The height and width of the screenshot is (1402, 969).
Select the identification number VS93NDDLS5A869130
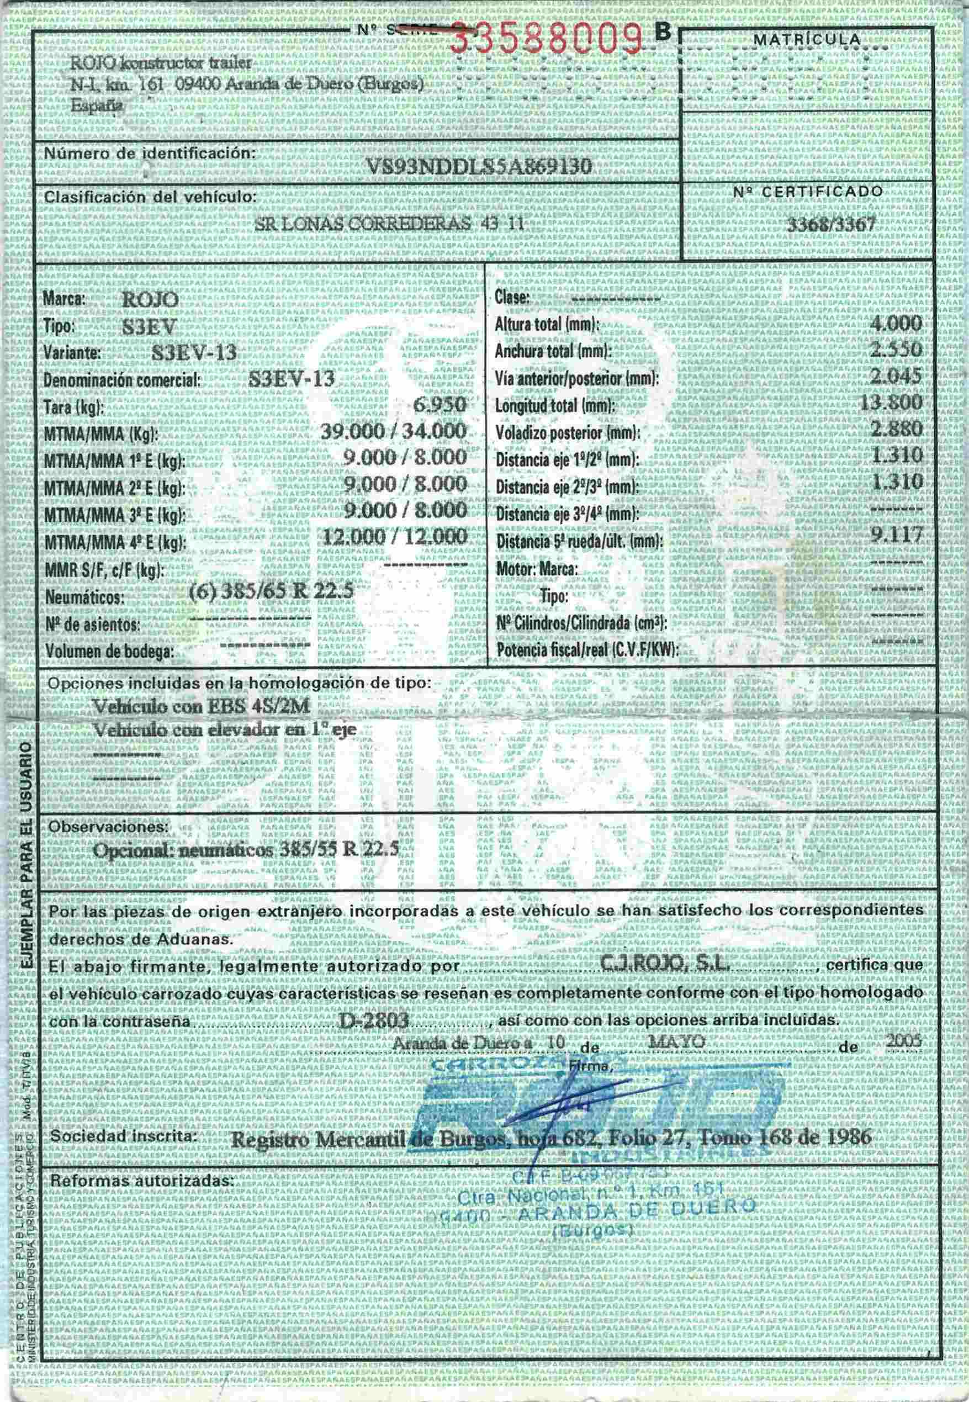click(480, 166)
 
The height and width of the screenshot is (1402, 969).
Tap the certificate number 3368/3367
click(830, 225)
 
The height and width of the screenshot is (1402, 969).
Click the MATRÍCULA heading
click(806, 39)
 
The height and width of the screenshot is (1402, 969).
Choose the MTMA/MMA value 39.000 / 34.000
click(394, 432)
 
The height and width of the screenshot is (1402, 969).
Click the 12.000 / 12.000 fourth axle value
click(395, 537)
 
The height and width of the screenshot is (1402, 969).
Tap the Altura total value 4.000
click(896, 323)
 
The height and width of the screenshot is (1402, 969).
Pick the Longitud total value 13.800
click(891, 403)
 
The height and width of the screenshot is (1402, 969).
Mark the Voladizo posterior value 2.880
click(896, 428)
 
